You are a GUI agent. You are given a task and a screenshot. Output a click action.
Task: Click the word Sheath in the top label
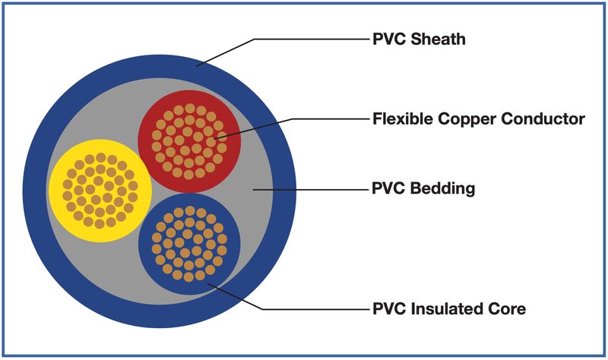pyautogui.click(x=438, y=39)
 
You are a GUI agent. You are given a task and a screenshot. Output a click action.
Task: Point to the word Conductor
pyautogui.click(x=543, y=118)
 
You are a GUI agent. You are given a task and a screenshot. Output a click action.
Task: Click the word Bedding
pyautogui.click(x=442, y=188)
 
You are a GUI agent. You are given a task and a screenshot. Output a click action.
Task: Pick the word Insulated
pyautogui.click(x=442, y=309)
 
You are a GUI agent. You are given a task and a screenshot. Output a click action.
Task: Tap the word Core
pyautogui.click(x=502, y=309)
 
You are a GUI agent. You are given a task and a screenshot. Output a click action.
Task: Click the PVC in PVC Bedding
pyautogui.click(x=389, y=188)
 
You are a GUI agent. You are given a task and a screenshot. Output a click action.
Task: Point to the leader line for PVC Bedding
pyautogui.click(x=311, y=190)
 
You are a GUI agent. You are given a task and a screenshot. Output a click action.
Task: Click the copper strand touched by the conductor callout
pyautogui.click(x=220, y=136)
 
